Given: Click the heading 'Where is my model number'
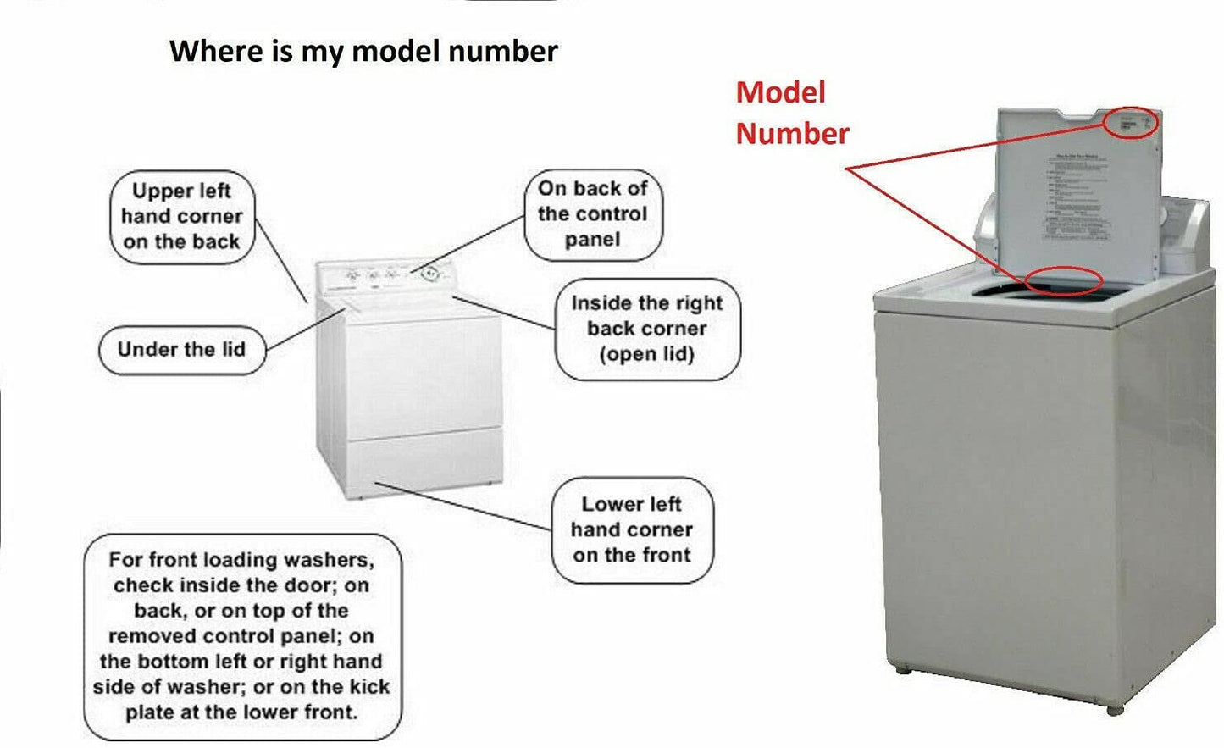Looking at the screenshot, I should [x=363, y=51].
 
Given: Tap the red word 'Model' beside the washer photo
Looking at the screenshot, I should [x=780, y=92].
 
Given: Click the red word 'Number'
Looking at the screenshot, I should [x=792, y=133].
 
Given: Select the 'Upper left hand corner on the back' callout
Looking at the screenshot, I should [x=182, y=216].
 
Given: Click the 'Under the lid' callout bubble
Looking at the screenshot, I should [x=181, y=350].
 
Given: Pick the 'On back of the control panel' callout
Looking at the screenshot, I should [x=592, y=214].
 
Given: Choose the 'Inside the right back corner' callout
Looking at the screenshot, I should [x=647, y=329].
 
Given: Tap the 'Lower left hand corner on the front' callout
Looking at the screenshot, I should [x=632, y=529].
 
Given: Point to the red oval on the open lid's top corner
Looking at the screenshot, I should [x=1131, y=122].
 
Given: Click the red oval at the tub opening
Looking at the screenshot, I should [x=1063, y=280].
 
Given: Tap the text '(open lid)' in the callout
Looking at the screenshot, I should [x=647, y=354].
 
